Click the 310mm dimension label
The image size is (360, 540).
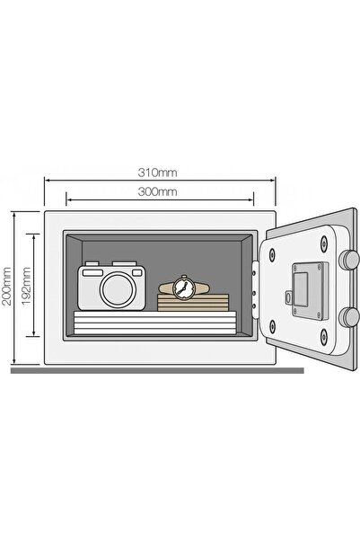click(158, 173)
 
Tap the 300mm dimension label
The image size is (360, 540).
click(158, 191)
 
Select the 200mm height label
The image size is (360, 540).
click(7, 286)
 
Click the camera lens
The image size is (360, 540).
click(118, 288)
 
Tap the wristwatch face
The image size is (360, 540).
click(184, 288)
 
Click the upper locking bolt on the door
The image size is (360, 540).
click(348, 259)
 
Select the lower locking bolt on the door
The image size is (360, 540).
click(348, 316)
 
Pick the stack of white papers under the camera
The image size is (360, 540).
click(155, 323)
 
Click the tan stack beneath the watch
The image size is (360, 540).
click(193, 303)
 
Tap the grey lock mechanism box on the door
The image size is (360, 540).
click(310, 290)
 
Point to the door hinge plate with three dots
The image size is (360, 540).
click(255, 289)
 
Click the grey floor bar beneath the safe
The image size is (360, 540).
click(157, 370)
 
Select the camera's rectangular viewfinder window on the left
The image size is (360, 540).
click(92, 273)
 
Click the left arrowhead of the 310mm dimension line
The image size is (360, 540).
click(48, 180)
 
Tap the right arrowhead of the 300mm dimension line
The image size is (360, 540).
click(250, 199)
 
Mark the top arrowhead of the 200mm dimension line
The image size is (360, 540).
click(14, 216)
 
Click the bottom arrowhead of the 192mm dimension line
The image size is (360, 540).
click(34, 333)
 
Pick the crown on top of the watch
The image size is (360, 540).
click(184, 276)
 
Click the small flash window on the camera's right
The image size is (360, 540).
click(137, 273)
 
